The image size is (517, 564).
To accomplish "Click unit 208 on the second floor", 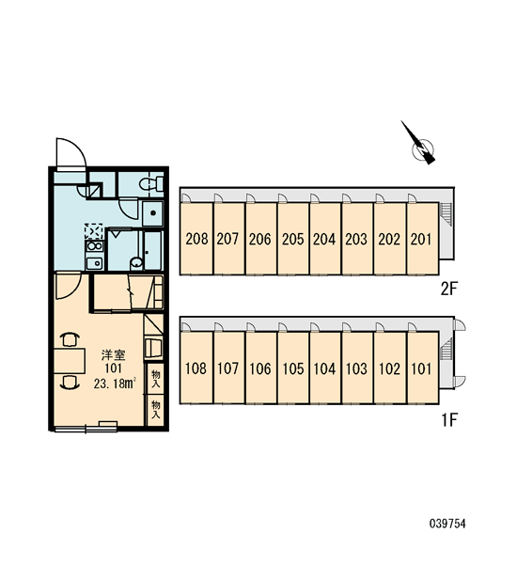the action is click(196, 239).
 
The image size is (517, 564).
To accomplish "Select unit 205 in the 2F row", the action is click(293, 239).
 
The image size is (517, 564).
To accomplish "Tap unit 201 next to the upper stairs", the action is click(423, 239).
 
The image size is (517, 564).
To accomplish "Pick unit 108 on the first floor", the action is click(196, 368).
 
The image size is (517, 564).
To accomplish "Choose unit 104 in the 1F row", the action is click(325, 368).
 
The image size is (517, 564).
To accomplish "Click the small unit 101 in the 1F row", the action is click(423, 368).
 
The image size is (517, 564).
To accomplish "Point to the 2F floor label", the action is click(448, 289).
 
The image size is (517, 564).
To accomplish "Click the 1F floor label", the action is click(449, 419).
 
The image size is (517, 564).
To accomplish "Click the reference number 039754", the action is click(447, 524).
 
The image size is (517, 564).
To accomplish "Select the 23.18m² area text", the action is click(115, 384).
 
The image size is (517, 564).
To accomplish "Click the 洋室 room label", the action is click(114, 355).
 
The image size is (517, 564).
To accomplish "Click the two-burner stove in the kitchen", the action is click(94, 246).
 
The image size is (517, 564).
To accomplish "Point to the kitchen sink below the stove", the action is click(94, 263).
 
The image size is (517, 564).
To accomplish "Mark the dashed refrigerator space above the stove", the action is click(94, 231).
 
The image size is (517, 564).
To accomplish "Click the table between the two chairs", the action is click(70, 361).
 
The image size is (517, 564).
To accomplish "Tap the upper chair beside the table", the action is click(70, 340).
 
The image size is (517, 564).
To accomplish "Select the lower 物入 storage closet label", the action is click(156, 410).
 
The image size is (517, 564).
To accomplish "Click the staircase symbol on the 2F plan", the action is click(446, 214).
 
